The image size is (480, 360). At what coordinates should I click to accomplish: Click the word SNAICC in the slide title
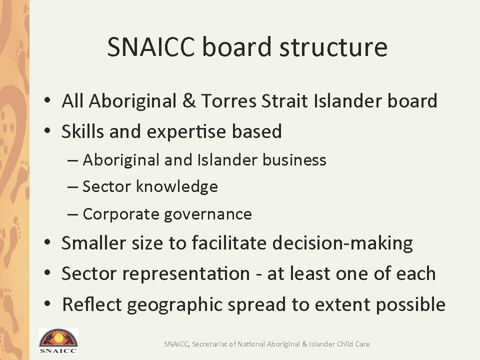151,47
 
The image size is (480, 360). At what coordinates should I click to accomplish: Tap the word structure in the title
333,47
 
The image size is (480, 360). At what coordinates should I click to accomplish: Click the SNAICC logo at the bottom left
58,341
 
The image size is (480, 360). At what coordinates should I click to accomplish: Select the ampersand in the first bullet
189,100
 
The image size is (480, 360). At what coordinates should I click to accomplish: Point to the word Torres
229,100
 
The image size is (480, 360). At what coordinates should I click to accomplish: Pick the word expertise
186,132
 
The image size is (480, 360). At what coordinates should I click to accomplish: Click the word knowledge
177,186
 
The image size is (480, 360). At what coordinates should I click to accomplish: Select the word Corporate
120,214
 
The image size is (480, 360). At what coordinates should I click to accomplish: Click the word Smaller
93,243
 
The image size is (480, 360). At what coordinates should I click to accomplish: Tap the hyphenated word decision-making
342,243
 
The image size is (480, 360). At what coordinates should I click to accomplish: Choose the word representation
186,273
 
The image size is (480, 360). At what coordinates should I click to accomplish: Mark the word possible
410,305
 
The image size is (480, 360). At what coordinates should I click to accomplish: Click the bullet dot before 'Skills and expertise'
47,130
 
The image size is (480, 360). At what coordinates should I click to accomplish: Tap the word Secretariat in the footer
209,344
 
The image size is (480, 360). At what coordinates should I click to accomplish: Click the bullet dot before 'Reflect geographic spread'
47,303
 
